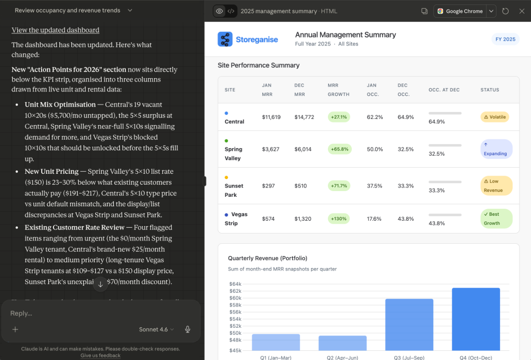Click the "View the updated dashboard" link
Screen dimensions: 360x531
click(55, 30)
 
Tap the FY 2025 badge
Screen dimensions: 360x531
click(505, 39)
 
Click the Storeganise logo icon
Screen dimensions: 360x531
click(225, 39)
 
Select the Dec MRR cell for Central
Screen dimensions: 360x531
click(304, 117)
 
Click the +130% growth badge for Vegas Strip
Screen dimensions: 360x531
click(339, 218)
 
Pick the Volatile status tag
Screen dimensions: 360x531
click(495, 117)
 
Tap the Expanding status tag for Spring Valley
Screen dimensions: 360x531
click(496, 149)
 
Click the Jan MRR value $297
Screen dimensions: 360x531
click(268, 186)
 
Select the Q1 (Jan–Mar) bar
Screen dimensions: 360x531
click(276, 342)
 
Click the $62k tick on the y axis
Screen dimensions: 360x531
click(235, 291)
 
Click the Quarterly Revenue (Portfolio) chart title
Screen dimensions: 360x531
click(267, 258)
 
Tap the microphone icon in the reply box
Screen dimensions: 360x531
click(188, 329)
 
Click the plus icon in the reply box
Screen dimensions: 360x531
click(15, 329)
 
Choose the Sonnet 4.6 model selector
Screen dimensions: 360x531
click(156, 329)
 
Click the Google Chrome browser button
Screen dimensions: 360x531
click(460, 11)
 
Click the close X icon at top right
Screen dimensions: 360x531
click(522, 11)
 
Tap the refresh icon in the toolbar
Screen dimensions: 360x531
click(505, 11)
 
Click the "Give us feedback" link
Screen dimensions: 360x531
click(100, 356)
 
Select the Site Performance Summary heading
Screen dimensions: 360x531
click(258, 65)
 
